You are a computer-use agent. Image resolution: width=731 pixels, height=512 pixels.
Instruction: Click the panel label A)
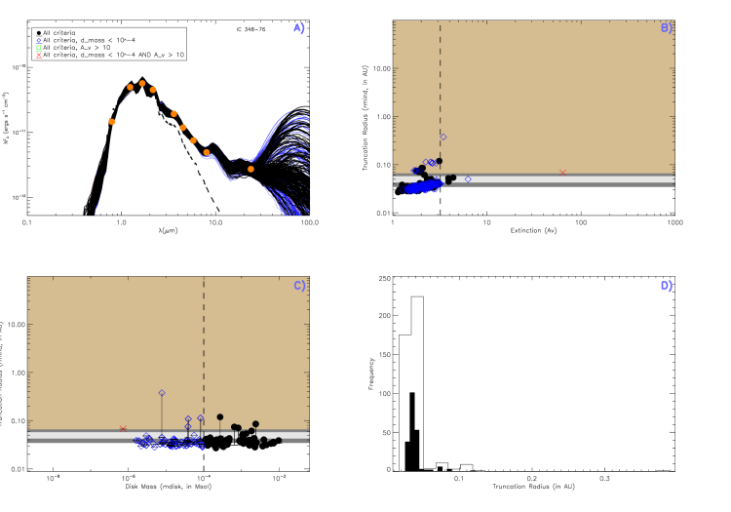point(299,28)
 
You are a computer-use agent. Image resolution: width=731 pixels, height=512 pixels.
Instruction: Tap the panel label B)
point(667,28)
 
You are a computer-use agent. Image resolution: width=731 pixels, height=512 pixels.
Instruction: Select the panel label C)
point(299,286)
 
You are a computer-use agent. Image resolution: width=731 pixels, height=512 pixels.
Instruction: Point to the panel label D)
point(667,286)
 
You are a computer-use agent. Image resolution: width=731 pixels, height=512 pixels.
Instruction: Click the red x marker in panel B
point(562,173)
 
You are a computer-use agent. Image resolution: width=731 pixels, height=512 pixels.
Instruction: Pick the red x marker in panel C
point(123,428)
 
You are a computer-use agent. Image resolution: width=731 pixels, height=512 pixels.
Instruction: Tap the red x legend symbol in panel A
point(39,56)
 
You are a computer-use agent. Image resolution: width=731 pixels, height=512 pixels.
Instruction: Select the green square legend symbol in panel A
point(39,48)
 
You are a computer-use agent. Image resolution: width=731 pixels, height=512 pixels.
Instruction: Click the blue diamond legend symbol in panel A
point(39,41)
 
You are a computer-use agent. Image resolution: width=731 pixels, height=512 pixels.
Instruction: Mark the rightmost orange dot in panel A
point(250,169)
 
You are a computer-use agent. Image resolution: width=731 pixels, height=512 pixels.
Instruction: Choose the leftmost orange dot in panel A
point(112,122)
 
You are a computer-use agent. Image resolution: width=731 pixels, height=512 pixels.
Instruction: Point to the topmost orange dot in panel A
point(142,84)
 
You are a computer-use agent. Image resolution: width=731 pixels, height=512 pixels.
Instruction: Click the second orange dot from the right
point(207,152)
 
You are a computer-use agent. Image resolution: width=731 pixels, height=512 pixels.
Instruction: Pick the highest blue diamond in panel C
point(162,393)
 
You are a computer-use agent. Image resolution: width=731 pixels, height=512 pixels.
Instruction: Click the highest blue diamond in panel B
point(443,137)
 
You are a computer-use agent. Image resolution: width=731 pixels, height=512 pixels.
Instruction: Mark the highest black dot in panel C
point(220,416)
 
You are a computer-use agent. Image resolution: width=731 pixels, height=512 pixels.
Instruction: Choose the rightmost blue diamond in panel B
point(468,178)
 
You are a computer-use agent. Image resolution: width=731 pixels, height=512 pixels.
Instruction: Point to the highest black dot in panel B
point(439,161)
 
